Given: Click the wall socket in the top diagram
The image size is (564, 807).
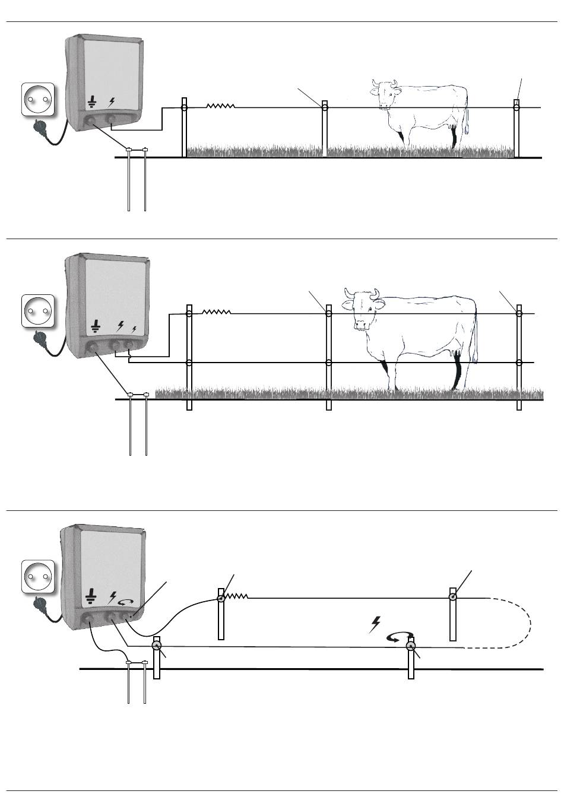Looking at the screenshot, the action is [x=39, y=99].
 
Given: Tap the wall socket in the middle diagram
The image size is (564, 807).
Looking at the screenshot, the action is [x=39, y=310].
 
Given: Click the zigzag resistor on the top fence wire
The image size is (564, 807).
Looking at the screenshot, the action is [x=220, y=106].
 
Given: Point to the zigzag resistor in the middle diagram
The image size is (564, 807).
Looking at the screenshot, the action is [x=216, y=312].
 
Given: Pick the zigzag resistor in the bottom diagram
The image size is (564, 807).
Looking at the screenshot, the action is [x=236, y=597].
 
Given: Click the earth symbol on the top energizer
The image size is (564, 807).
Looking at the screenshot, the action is [x=92, y=103].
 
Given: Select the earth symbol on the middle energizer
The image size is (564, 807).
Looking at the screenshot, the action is [x=95, y=326].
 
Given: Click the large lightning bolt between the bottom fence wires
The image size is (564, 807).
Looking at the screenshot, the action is [x=375, y=624].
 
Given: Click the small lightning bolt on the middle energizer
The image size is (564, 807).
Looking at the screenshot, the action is [x=134, y=329].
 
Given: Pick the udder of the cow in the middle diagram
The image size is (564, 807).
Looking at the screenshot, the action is [x=457, y=355].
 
